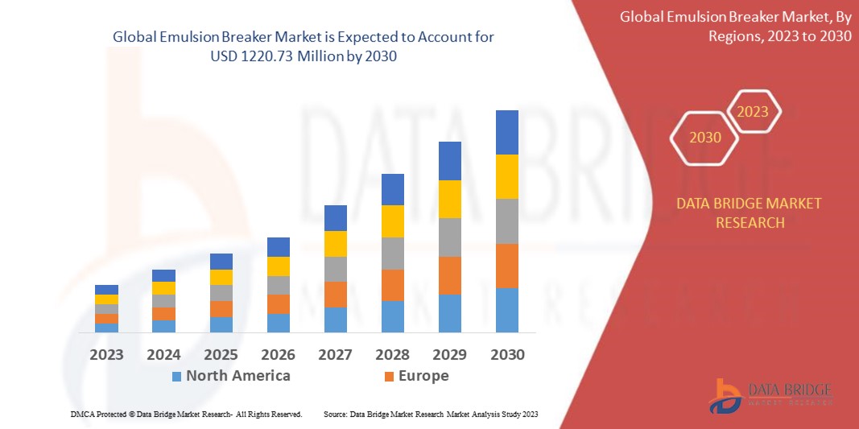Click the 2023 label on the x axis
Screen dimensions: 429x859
(106, 354)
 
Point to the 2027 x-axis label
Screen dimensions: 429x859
(335, 354)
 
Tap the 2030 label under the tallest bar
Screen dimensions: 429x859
(506, 354)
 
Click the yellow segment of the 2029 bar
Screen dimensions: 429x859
(449, 199)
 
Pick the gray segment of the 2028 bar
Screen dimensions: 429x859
(392, 253)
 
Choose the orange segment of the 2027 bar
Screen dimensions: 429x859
(335, 294)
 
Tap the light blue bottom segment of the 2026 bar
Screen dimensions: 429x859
(278, 323)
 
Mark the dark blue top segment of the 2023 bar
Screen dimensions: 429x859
(106, 290)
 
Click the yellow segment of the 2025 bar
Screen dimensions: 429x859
(221, 277)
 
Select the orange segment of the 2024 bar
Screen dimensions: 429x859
(163, 314)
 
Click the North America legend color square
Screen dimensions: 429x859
(176, 376)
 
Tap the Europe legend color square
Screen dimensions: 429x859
(389, 376)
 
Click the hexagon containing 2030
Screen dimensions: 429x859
(705, 138)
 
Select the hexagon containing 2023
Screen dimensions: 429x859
(754, 112)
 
